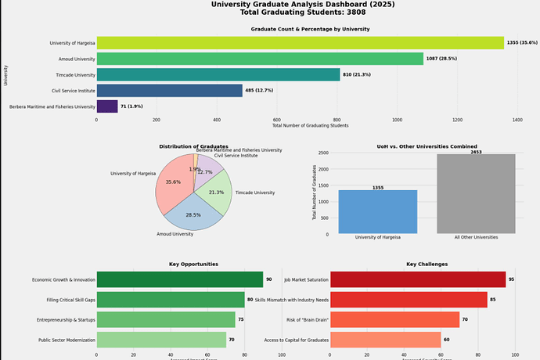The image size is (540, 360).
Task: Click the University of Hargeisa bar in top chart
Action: point(300,42)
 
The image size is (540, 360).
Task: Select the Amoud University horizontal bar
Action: point(260,59)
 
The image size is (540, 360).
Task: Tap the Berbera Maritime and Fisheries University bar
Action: point(107,106)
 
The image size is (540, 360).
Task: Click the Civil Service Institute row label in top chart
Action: point(73,91)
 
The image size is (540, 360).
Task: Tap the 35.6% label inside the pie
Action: point(173,182)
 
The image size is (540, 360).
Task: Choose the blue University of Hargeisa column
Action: point(377,211)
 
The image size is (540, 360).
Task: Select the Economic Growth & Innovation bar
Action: point(179,279)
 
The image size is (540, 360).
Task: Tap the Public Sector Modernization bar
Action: point(161,340)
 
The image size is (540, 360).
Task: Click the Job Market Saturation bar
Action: point(418,279)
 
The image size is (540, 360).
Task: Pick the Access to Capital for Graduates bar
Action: point(386,340)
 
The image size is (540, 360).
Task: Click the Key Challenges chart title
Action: point(427,265)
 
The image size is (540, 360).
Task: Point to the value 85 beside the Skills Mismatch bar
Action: point(492,300)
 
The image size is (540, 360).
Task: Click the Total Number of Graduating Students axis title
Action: point(310,126)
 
